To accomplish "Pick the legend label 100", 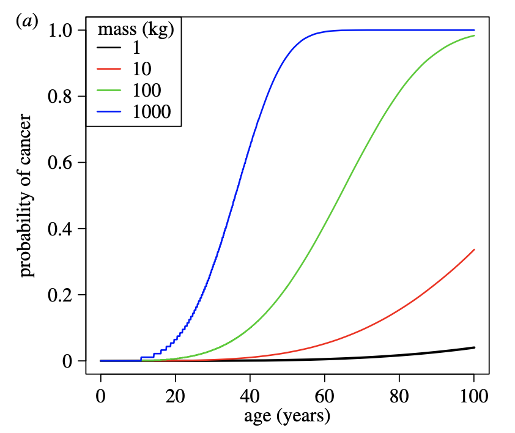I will [146, 91].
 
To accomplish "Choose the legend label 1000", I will [151, 111].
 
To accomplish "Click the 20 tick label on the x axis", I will [176, 396].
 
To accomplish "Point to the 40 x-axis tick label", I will [250, 396].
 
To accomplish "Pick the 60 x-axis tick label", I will [324, 396].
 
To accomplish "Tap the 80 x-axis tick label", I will [399, 396].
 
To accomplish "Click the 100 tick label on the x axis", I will [473, 396].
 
